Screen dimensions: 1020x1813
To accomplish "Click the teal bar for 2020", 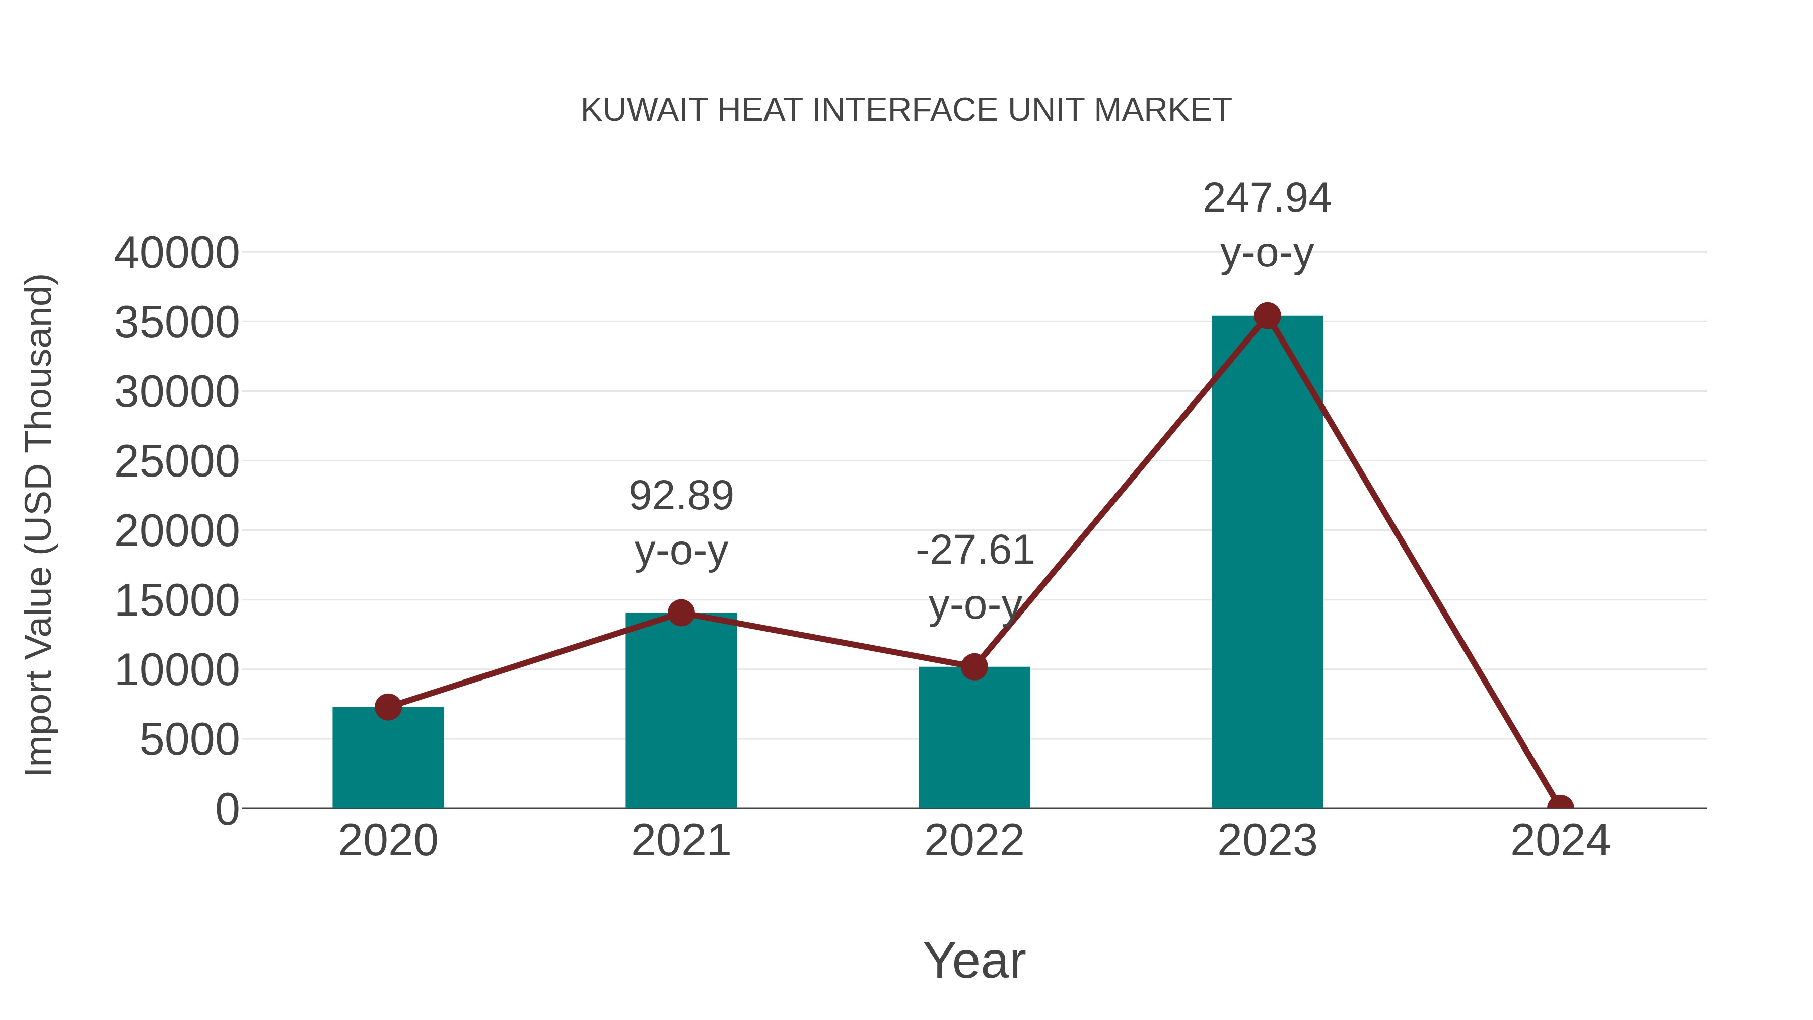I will pos(388,760).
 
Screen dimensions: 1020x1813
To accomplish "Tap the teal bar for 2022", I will pos(974,739).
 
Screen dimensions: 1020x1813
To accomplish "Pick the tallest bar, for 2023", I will pos(1267,563).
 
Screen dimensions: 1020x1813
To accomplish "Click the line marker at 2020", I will pos(388,707).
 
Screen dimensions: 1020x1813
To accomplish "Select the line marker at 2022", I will pos(974,666).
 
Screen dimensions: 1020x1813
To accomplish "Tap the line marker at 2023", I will pos(1267,316).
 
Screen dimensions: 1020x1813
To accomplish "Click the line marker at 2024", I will pos(1560,807).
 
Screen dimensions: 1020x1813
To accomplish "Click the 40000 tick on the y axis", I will pos(177,253).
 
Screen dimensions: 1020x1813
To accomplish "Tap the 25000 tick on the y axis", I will pos(177,462).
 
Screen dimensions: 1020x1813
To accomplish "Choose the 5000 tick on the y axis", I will pos(189,740).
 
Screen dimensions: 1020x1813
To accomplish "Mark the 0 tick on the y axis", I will pos(227,809).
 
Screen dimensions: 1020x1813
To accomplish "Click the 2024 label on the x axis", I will pos(1560,841).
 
